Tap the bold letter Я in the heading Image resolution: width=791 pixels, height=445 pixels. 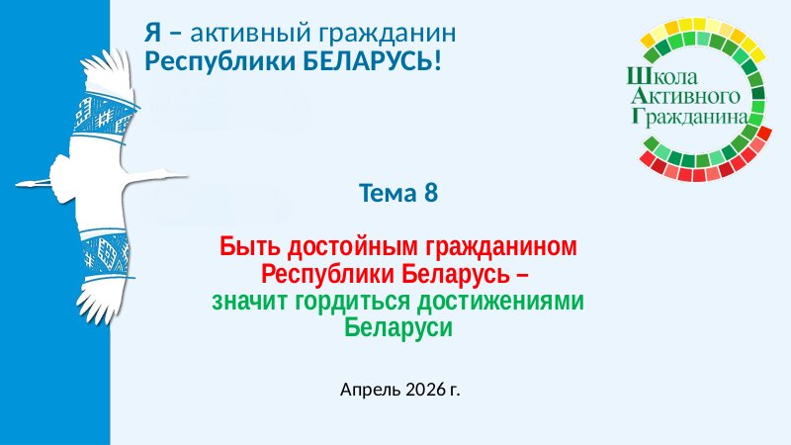pos(153,33)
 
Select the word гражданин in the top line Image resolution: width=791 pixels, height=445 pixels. pos(388,34)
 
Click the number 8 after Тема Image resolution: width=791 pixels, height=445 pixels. pos(431,193)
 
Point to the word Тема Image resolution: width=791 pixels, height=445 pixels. pos(389,193)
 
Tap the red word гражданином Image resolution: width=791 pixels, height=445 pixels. pos(501,247)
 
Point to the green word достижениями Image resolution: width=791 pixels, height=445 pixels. pos(500,302)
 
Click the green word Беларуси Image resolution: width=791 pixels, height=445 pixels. pos(398,328)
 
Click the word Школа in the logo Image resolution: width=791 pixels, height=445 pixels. pos(661,77)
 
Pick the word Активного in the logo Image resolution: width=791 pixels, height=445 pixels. pos(685,96)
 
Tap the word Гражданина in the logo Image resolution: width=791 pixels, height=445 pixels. pos(689,116)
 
